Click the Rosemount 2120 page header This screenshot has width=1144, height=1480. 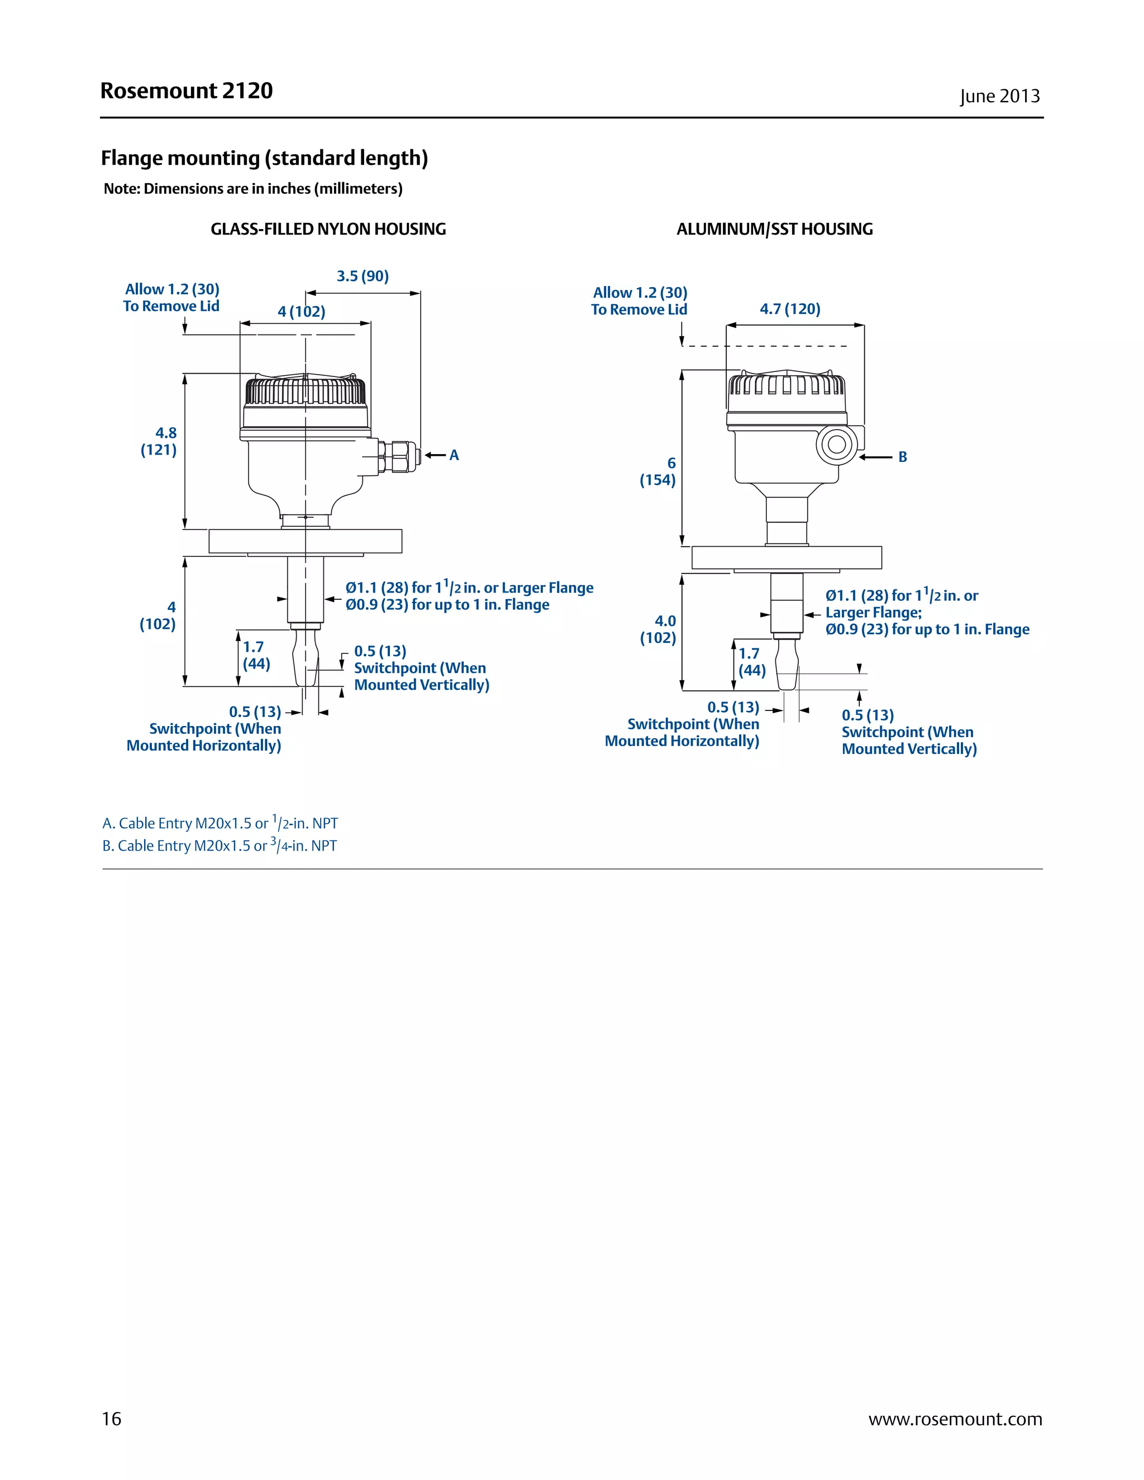[187, 91]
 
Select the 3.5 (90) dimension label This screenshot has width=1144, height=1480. [363, 276]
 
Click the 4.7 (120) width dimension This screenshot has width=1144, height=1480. [789, 309]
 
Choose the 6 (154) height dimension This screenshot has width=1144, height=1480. [658, 472]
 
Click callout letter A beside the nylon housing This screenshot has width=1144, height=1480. [454, 455]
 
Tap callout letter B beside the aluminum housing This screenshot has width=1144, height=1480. [902, 457]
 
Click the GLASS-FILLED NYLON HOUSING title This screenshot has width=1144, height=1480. [328, 229]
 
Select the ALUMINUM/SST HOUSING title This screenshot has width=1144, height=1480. [774, 229]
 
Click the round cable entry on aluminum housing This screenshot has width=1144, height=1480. [836, 445]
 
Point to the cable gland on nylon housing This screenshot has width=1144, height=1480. [397, 456]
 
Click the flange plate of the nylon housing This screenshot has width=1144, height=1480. [305, 541]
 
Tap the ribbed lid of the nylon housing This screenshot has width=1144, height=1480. [305, 391]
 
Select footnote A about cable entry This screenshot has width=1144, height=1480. [220, 823]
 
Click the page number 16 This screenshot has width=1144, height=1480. [111, 1419]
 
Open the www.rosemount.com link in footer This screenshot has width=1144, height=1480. [955, 1419]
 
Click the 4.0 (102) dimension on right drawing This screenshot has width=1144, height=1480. [659, 629]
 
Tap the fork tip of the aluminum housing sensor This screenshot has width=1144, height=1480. [786, 671]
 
